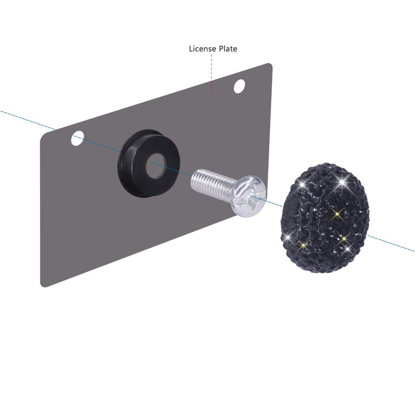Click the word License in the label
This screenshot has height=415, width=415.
click(202, 49)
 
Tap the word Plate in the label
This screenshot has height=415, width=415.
click(228, 49)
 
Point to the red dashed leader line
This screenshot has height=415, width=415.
click(212, 73)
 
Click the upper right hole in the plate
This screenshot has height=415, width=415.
click(239, 86)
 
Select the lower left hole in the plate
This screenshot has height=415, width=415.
click(77, 138)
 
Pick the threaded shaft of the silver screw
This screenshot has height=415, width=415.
click(212, 185)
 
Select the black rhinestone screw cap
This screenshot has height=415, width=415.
click(326, 218)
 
